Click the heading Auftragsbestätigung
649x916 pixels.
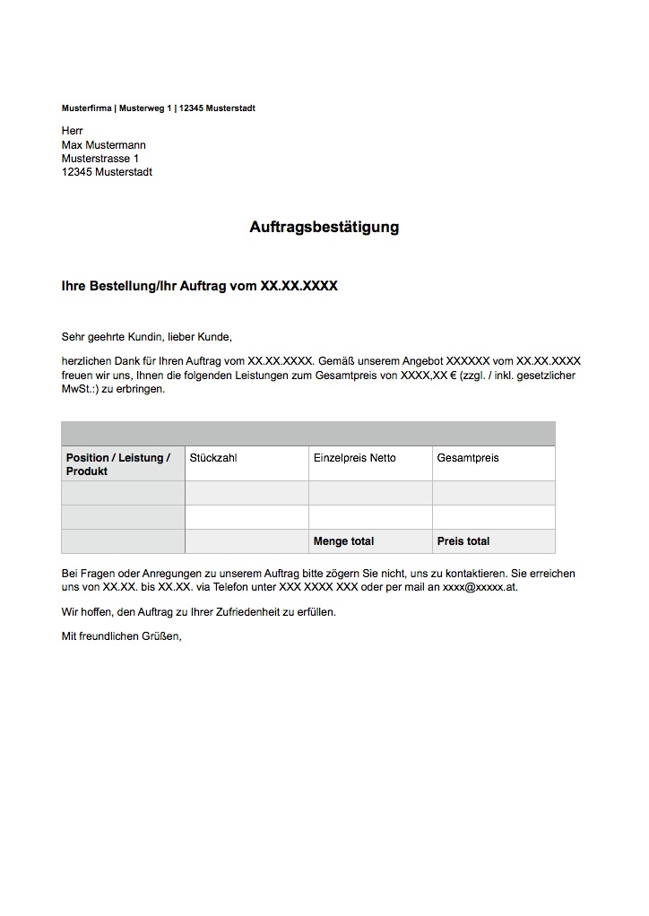tap(324, 228)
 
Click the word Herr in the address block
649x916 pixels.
tap(73, 131)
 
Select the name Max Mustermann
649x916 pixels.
tap(103, 145)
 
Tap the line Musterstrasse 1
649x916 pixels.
tap(100, 159)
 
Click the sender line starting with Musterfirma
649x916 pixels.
tap(158, 108)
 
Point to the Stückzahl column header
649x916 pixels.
tap(213, 458)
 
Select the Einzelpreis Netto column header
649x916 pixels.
tap(354, 458)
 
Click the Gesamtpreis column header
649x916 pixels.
tap(468, 458)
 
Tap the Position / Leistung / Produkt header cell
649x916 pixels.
tap(117, 464)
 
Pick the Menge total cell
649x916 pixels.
tap(343, 541)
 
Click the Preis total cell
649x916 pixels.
tap(463, 541)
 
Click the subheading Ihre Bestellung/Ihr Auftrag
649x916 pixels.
tap(199, 287)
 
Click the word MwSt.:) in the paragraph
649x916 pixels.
tap(80, 390)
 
